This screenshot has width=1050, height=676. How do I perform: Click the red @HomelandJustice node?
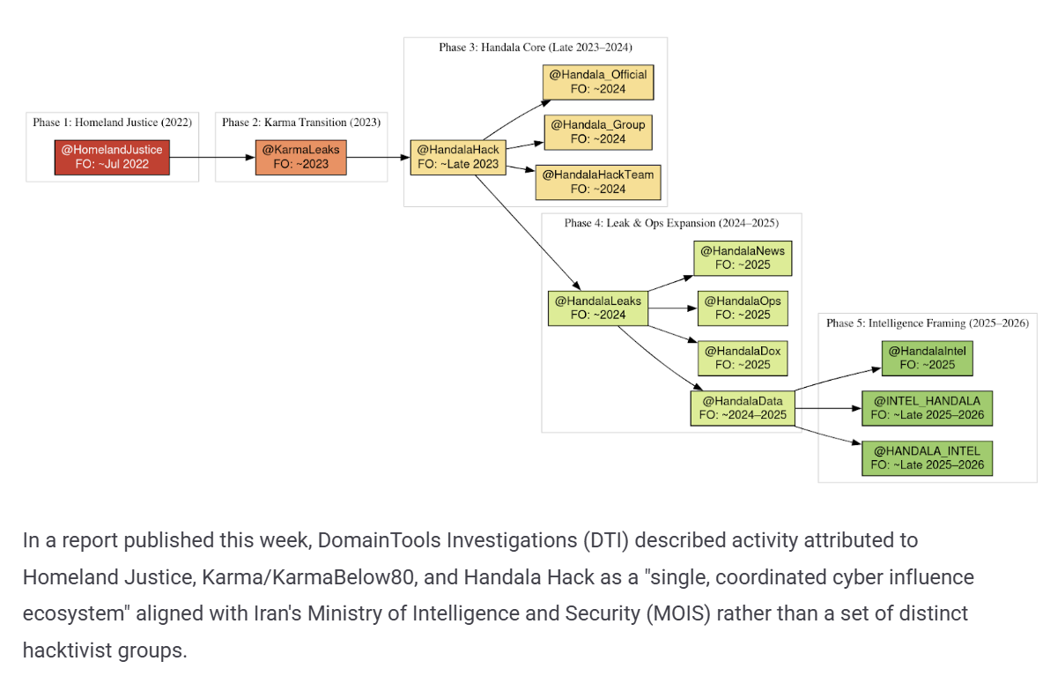(112, 158)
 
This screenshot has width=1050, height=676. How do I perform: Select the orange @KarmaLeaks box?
(300, 158)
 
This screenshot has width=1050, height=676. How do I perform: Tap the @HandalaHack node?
(458, 158)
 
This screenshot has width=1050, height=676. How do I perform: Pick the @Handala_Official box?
(598, 82)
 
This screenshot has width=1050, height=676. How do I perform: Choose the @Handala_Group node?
(598, 132)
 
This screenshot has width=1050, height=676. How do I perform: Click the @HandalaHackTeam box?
(598, 182)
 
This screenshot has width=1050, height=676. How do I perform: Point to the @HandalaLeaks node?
(598, 308)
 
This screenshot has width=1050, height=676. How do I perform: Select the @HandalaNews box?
(743, 258)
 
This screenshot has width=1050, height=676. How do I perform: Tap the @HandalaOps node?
(743, 308)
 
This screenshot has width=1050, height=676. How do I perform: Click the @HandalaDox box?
(743, 358)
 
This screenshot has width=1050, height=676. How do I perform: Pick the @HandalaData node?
(743, 408)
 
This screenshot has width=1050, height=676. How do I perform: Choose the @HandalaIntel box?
(928, 358)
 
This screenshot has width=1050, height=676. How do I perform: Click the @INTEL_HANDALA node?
(928, 408)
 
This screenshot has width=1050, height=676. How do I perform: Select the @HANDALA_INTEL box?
(928, 458)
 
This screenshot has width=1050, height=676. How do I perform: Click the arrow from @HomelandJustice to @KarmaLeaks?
(212, 158)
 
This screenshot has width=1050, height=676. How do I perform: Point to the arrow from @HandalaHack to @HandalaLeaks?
(528, 233)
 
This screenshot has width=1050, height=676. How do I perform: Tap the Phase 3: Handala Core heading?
(535, 47)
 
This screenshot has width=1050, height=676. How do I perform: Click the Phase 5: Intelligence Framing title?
(928, 323)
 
